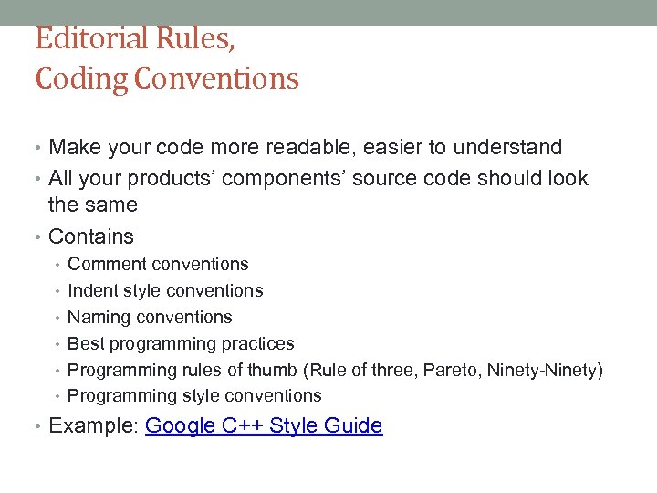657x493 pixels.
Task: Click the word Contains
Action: coord(91,236)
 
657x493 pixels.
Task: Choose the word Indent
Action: coord(91,291)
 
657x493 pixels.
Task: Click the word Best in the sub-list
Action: coord(85,344)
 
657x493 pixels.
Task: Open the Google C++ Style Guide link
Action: coord(264,425)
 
